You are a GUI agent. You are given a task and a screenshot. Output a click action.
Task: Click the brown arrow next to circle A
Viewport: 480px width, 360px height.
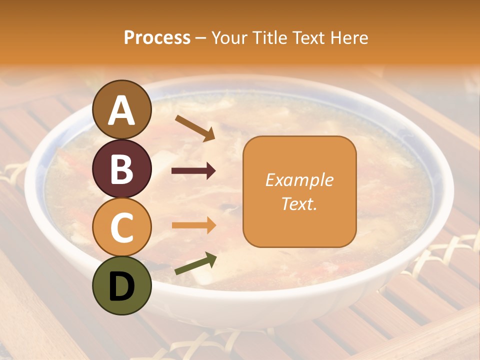[195, 128]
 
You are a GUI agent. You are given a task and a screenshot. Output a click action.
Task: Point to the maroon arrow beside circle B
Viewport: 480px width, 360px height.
[194, 171]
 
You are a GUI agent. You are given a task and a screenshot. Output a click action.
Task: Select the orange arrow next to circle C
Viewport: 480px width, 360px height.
[194, 225]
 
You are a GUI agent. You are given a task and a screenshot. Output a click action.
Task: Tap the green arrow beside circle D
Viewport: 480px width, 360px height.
[195, 264]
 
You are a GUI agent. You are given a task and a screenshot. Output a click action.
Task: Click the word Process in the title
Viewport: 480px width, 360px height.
[157, 37]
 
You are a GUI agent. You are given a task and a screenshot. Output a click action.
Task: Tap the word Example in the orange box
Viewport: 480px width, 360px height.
[299, 180]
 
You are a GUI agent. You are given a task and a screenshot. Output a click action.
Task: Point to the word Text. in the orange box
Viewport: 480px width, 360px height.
[299, 203]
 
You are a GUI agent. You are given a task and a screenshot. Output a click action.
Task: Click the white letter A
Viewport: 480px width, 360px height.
[121, 110]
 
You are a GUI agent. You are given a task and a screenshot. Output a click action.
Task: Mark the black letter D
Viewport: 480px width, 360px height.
[121, 286]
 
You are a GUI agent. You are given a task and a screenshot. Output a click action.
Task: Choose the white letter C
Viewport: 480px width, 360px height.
[121, 227]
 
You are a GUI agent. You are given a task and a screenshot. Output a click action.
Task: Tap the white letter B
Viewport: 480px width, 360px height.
[121, 169]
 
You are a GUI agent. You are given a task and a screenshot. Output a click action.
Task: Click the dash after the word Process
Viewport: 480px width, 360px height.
[201, 38]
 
